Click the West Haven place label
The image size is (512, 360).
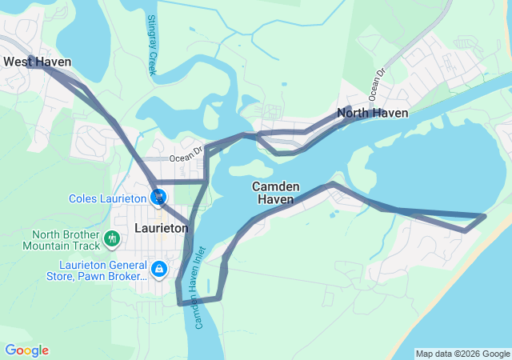point(37,62)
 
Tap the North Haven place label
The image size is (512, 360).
point(372,113)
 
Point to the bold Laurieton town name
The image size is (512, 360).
point(162,227)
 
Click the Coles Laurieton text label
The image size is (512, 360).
point(107,198)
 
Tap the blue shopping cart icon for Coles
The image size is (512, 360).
point(159,197)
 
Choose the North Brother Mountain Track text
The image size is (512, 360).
point(66,241)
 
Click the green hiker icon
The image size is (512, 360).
point(112,238)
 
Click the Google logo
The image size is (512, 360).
point(26,350)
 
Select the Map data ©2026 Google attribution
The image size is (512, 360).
point(462,354)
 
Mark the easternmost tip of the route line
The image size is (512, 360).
point(486,215)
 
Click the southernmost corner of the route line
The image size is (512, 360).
point(178,304)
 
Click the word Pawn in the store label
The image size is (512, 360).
point(94,276)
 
